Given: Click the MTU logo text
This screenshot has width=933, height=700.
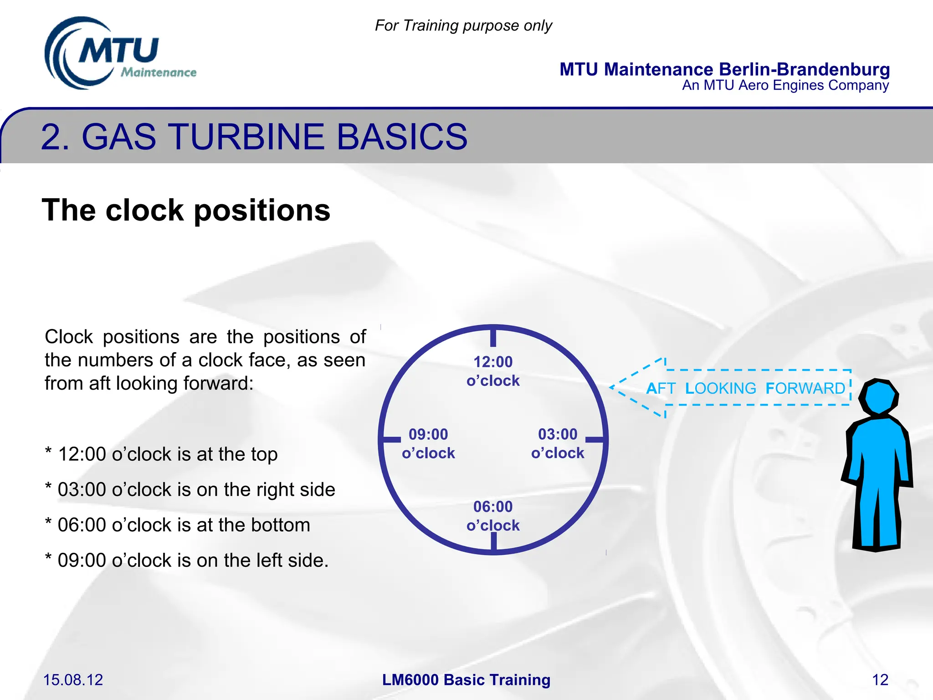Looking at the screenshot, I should pos(118,50).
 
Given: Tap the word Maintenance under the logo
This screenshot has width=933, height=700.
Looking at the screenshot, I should pos(159,72).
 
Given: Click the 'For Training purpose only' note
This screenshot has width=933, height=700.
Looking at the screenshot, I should pos(463,26).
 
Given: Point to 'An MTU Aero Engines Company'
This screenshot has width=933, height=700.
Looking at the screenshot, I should pos(785,85).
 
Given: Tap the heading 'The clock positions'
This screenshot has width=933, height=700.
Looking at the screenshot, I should pos(186,210).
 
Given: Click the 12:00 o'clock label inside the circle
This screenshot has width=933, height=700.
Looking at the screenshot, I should pos(493,371).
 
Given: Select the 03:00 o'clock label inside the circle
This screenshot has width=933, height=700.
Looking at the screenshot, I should pos(558,443).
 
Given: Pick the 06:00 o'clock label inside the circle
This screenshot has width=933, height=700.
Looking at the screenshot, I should pos(493,516).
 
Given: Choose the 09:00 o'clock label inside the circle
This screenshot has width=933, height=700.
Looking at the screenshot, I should pos(428,443).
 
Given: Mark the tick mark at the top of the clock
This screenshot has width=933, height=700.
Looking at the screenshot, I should pos(493,338).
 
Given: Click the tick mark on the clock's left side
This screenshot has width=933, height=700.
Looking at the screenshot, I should pos(391,440).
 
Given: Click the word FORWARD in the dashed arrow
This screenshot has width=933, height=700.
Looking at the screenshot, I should pos(805,388).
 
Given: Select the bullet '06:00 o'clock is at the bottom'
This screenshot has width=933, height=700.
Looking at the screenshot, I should pos(178,525).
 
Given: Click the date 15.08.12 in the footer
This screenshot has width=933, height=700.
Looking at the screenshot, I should pos(73,680).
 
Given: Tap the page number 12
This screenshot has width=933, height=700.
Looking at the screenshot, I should pos(880,680).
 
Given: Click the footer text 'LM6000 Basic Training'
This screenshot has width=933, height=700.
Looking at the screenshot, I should pos(466,680).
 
